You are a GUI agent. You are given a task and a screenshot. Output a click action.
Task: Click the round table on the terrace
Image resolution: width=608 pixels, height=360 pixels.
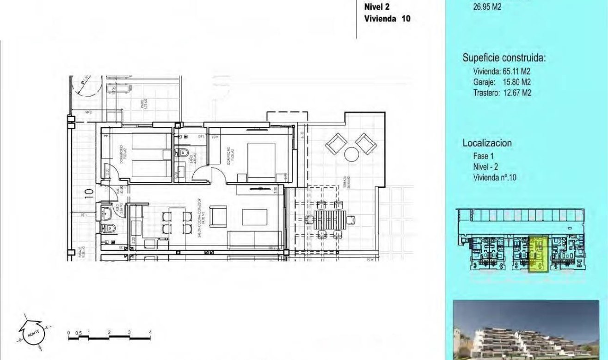351,154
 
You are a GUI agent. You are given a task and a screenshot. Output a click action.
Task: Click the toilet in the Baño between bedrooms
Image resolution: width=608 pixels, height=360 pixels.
183,152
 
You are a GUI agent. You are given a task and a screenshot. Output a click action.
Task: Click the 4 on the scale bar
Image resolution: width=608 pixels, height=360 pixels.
150,332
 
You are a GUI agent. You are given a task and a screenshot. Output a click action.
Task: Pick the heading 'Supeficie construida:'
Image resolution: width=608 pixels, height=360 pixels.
504,58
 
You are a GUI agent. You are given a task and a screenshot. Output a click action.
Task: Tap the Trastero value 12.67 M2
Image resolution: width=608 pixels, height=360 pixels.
517,93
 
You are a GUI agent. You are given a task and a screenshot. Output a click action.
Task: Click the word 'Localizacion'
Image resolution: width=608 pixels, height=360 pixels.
487,143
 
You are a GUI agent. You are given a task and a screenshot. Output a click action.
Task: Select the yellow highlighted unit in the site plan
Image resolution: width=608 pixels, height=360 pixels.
538,253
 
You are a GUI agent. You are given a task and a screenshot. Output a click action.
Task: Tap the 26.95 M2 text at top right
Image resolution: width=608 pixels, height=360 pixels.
487,7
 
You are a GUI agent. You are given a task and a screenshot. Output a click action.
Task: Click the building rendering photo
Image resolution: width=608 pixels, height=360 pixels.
526,329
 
